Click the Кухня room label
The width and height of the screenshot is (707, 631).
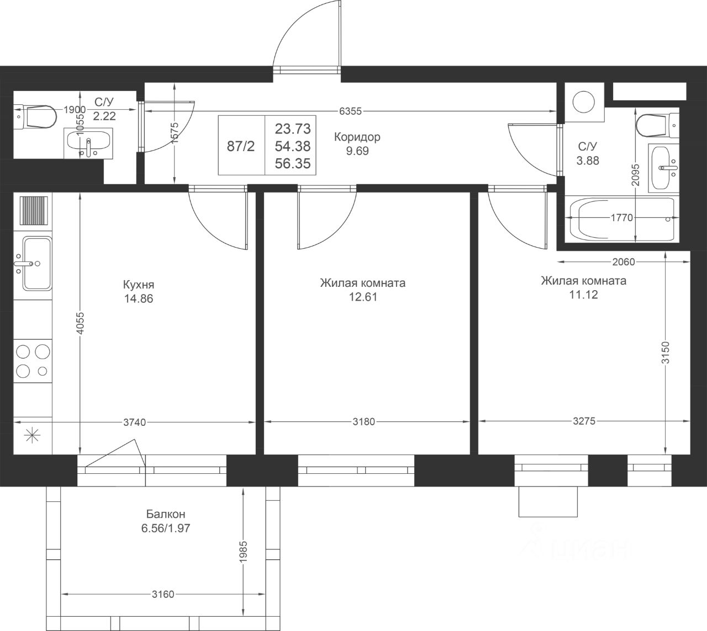pos(139,285)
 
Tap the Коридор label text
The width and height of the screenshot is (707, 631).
pos(357,137)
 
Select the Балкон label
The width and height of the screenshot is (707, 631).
pos(165,514)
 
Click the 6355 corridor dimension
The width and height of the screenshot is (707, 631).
pos(350,111)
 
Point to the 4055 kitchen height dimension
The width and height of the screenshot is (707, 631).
pos(80,323)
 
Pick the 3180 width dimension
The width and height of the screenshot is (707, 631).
pos(363,422)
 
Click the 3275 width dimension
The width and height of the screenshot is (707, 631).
pos(584,421)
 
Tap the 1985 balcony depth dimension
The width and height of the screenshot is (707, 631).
pos(243,551)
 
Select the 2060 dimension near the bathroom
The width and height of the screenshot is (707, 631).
pos(623,261)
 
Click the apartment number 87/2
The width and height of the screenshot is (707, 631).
pos(241,146)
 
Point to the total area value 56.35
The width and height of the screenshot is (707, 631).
pos(292,163)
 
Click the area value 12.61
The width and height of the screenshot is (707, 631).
pos(363,297)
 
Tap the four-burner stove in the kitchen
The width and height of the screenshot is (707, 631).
pos(33,361)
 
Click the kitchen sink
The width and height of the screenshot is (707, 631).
pos(37,264)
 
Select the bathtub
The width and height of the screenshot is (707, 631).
pos(621,219)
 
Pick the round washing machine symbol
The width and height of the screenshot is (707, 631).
pos(584,102)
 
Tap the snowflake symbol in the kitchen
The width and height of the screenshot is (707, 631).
pos(33,435)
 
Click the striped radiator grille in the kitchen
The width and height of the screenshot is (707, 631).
pos(34,211)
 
